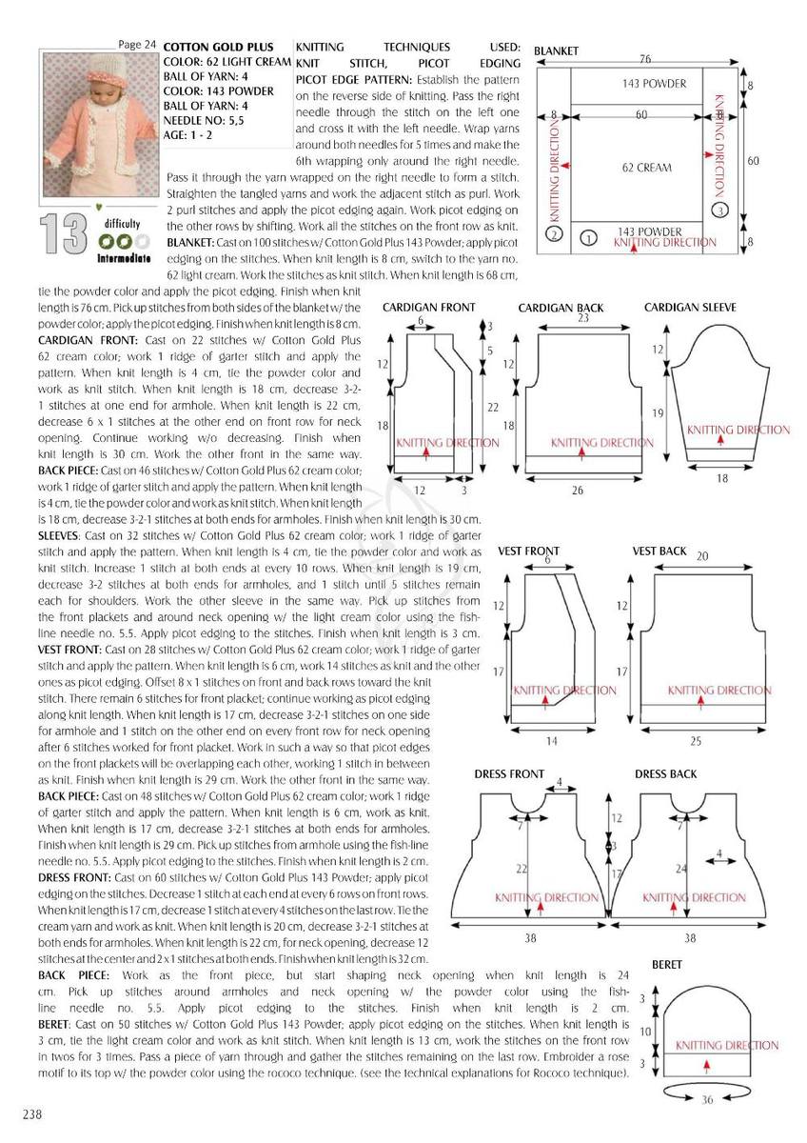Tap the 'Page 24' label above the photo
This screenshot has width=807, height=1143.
137,45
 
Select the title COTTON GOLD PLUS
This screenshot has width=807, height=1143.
219,47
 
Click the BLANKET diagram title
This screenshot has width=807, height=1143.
557,50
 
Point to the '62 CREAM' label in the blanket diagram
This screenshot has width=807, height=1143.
646,168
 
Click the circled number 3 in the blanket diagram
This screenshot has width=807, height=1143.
721,210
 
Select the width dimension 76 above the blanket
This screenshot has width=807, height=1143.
644,59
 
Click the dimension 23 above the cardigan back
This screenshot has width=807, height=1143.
583,319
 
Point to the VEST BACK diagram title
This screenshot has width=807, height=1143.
659,551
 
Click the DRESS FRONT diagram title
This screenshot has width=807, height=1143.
509,774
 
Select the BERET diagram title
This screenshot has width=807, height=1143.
667,965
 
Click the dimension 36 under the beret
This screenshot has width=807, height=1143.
707,1099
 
